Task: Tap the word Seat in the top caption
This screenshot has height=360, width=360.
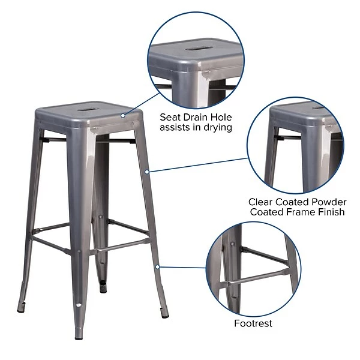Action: [x=172, y=117]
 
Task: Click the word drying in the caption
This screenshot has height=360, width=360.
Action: [x=216, y=128]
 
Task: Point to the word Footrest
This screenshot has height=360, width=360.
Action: [x=253, y=323]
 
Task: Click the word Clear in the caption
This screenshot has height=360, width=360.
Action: [x=262, y=202]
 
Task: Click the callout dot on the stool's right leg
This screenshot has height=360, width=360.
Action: [x=147, y=172]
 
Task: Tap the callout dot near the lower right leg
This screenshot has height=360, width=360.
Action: [x=157, y=266]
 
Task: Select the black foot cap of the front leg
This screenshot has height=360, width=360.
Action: [x=79, y=337]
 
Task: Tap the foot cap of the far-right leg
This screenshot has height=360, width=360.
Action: [x=165, y=315]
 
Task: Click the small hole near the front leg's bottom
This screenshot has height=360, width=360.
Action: [x=79, y=307]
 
